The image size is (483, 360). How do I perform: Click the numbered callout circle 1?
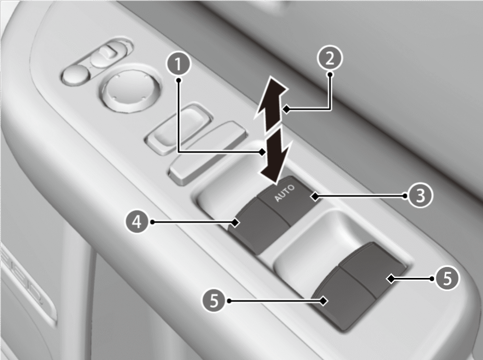pos(179,64)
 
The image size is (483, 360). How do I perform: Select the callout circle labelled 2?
pos(330,58)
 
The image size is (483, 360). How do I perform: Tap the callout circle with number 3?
pos(420,195)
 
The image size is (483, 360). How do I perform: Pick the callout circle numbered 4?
pos(137,222)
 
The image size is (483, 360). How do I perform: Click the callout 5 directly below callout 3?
pos(447,278)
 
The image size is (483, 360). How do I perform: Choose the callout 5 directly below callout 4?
pos(215,300)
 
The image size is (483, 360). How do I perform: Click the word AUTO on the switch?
pos(284,193)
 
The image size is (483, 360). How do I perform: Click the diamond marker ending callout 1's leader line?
pos(262,152)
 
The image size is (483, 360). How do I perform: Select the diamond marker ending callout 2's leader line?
pos(286,109)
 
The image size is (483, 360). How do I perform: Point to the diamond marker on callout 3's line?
pos(314,196)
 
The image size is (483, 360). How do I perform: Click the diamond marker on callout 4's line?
pos(235,222)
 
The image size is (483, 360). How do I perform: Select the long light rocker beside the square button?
pos(208,152)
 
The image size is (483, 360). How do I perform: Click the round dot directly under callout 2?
pos(331,74)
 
